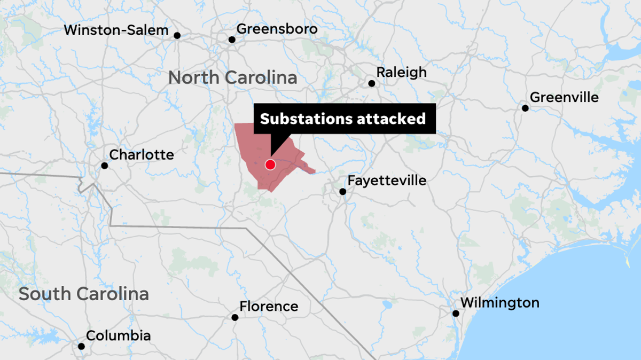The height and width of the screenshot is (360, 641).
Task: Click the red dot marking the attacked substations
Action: click(x=270, y=165)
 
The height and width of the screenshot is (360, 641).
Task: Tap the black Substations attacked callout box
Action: click(x=343, y=118)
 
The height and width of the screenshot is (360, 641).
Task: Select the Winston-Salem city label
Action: click(x=116, y=30)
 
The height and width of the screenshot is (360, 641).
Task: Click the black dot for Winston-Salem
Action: click(x=177, y=36)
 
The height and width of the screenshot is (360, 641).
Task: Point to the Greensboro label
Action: click(x=277, y=28)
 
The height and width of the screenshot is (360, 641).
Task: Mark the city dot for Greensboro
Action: click(x=232, y=40)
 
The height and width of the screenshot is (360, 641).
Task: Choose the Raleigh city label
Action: click(x=402, y=72)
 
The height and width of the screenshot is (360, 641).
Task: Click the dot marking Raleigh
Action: click(x=372, y=83)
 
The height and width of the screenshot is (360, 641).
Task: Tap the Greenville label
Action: click(x=564, y=98)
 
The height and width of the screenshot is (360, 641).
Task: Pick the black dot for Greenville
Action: click(x=525, y=108)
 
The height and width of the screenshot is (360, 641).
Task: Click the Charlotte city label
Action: click(x=142, y=155)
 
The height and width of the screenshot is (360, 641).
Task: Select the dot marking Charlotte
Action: click(x=105, y=166)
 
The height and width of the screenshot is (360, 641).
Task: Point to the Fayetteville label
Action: click(x=387, y=181)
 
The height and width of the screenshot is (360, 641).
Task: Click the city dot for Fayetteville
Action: click(x=343, y=191)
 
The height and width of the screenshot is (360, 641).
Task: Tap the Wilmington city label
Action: click(x=499, y=303)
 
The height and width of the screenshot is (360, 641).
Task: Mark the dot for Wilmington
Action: click(x=456, y=314)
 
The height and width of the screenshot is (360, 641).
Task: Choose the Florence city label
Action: click(x=269, y=307)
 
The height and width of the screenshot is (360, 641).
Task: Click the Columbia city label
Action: click(x=118, y=336)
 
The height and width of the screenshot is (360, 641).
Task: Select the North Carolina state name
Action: click(x=232, y=77)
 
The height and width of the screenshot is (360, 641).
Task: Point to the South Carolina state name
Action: click(x=83, y=294)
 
